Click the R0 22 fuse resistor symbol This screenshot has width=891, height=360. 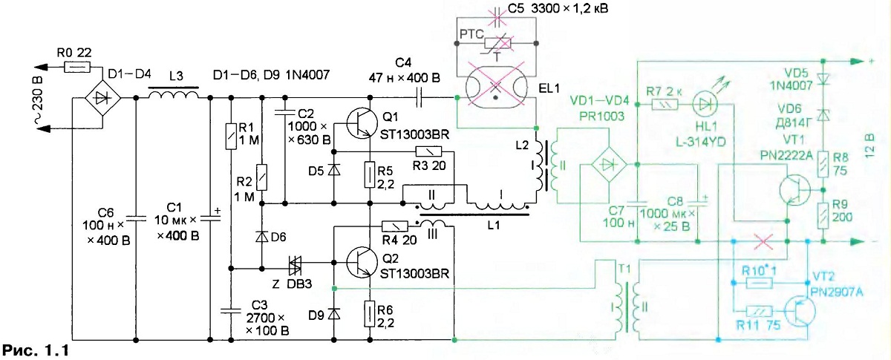point(77,68)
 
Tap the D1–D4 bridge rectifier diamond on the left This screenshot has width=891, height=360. point(103,98)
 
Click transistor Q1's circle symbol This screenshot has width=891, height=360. point(362,123)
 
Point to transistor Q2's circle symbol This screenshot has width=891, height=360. point(362,262)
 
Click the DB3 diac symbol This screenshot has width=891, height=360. point(295,264)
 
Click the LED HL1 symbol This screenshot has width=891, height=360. point(705,104)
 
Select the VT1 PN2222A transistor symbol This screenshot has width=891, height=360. point(794,190)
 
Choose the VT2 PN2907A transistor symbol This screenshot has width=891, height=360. point(800,312)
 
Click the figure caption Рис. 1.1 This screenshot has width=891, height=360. point(36,350)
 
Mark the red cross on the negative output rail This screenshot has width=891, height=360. point(763,241)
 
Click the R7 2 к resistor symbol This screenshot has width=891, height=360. point(665,105)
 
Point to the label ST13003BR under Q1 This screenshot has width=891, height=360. point(414,134)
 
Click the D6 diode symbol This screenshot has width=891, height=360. point(261,237)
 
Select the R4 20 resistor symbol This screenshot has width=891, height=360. point(394,226)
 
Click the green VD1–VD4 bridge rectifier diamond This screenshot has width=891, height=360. point(609,165)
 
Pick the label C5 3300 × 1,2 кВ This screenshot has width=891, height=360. point(558,8)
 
